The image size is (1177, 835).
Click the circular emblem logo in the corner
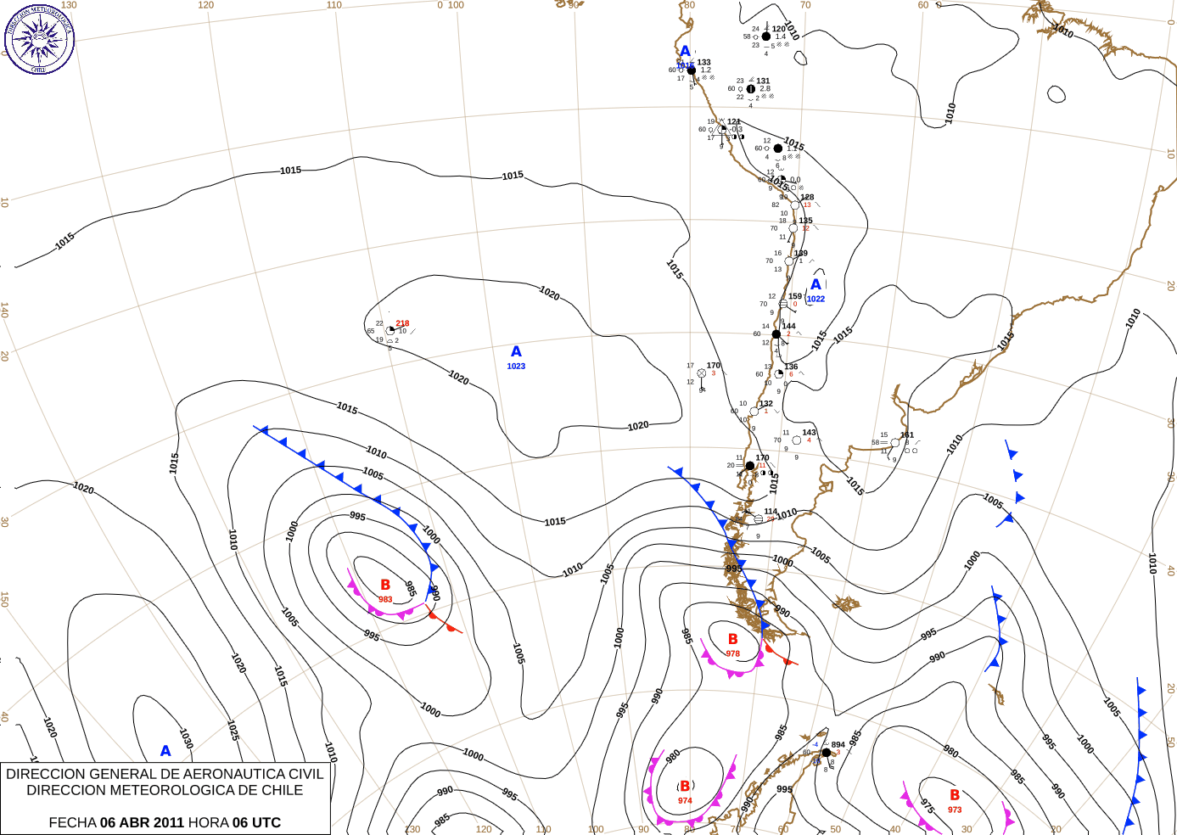point(39,39)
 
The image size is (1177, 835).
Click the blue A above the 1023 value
point(516,351)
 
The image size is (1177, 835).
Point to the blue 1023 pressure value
point(516,367)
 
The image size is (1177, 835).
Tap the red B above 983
point(385,585)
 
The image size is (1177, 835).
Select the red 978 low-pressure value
point(732,653)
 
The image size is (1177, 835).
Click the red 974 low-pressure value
point(685,800)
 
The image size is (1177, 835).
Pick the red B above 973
point(955,795)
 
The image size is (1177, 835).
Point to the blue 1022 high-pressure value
point(815,299)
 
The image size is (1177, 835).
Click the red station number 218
point(402,323)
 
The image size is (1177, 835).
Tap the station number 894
point(838,745)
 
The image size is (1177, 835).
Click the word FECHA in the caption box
point(72,822)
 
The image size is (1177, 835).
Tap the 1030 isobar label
point(186,738)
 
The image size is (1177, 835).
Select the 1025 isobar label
point(233,730)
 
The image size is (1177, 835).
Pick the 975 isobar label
point(928,805)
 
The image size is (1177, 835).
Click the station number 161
point(907,435)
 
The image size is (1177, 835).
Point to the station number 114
point(771,512)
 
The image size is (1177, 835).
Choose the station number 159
point(795,297)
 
